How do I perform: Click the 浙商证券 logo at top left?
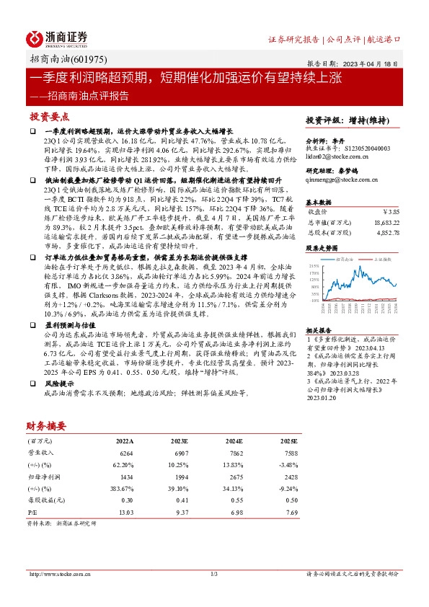pyautogui.click(x=57, y=37)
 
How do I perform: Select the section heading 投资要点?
pyautogui.click(x=50, y=116)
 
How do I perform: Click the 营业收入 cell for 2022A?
pyautogui.click(x=126, y=451)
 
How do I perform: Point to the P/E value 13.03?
pyautogui.click(x=125, y=512)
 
